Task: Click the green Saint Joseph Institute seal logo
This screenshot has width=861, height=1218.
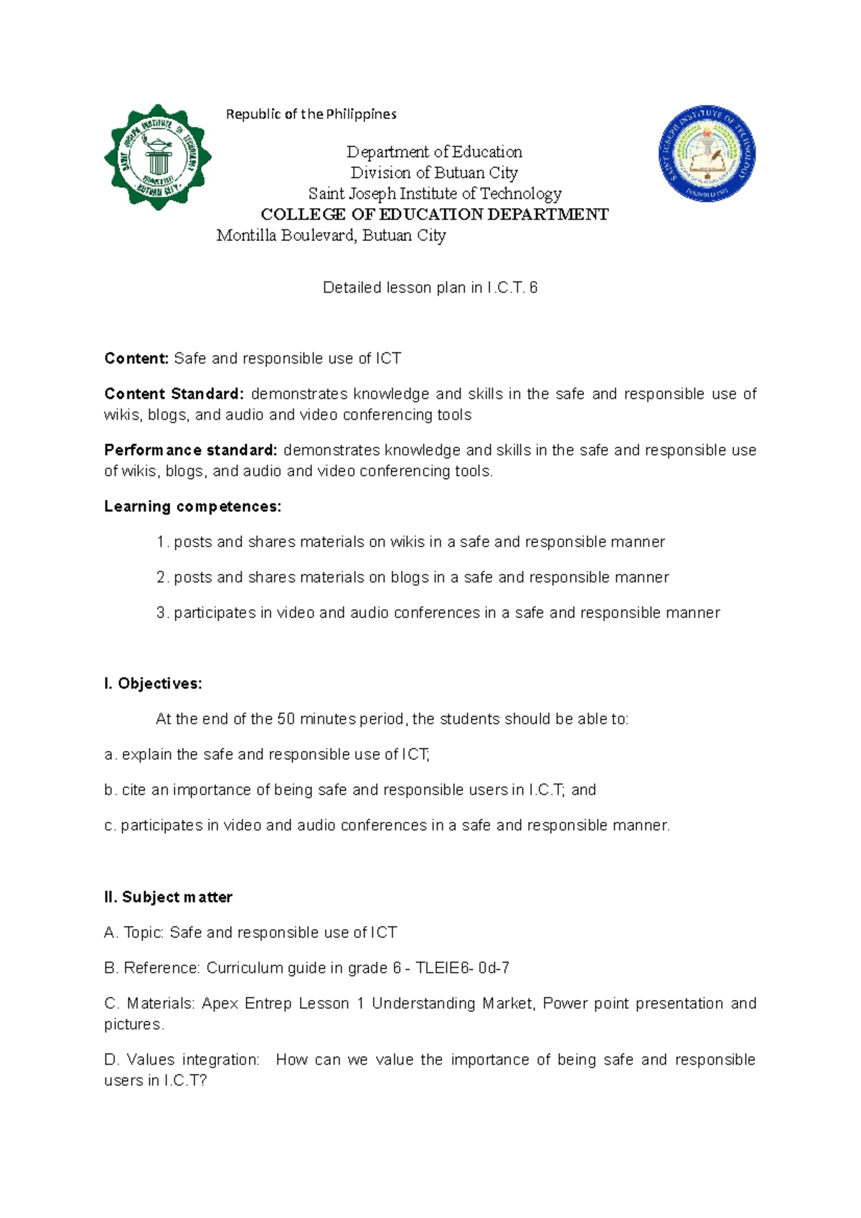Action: click(158, 157)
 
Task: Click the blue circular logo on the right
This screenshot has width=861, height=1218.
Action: click(707, 154)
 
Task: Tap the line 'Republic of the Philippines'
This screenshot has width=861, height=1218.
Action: click(311, 114)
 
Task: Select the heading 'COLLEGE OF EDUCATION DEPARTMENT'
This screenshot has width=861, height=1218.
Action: click(434, 214)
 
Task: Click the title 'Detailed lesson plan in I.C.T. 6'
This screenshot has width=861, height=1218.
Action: click(430, 288)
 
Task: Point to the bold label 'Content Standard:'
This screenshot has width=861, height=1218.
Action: click(174, 394)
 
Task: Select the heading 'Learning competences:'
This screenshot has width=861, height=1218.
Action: click(192, 506)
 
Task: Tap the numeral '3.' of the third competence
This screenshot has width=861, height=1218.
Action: click(162, 613)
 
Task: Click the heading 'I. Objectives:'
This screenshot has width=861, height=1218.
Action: click(153, 684)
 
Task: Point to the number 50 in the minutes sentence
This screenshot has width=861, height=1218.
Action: click(286, 719)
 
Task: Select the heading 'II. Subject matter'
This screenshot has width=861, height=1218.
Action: click(168, 897)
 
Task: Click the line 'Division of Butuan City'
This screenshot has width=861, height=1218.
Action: click(434, 173)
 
